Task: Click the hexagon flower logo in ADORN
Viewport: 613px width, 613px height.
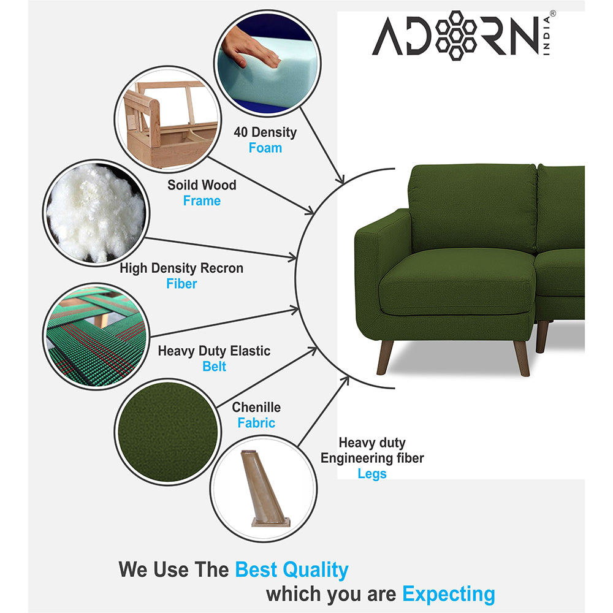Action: (x=456, y=36)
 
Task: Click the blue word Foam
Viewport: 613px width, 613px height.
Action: (x=265, y=148)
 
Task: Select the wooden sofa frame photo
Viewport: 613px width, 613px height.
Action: (x=168, y=120)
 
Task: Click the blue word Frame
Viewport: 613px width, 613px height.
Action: (x=202, y=201)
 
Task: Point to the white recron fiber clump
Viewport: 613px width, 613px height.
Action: (x=96, y=213)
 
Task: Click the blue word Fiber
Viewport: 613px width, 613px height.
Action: (x=181, y=284)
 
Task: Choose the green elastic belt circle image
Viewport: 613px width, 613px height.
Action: (x=96, y=336)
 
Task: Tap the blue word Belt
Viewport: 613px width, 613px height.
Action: (x=214, y=367)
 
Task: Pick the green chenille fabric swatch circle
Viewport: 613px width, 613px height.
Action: (x=168, y=432)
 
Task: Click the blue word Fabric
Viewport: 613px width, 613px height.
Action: (x=256, y=423)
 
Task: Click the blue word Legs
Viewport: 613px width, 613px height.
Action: (x=372, y=474)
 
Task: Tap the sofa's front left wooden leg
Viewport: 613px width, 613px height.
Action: (x=385, y=357)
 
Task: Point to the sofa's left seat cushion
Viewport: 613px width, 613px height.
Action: (x=457, y=282)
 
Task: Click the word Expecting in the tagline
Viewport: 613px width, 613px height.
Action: (x=449, y=594)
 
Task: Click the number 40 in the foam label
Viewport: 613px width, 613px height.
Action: (x=240, y=132)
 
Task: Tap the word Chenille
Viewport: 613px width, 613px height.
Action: (x=256, y=408)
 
